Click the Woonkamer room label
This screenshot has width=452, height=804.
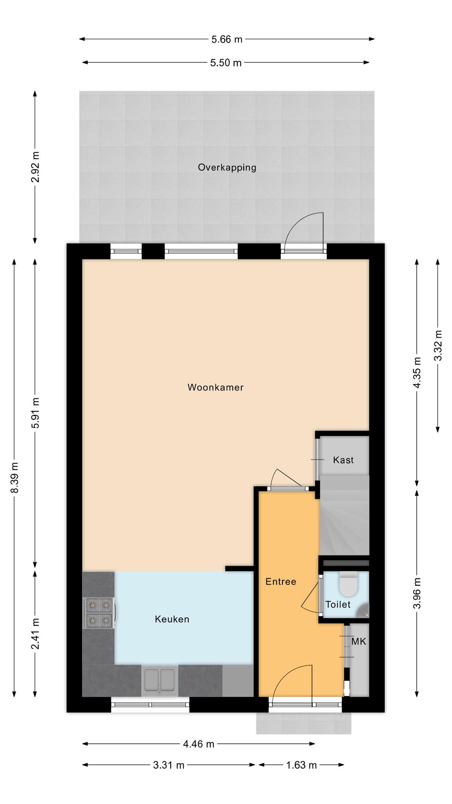pyautogui.click(x=215, y=387)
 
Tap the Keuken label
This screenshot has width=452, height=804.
pyautogui.click(x=172, y=619)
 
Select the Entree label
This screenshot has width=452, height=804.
pyautogui.click(x=281, y=582)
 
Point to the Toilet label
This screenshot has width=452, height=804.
pyautogui.click(x=338, y=605)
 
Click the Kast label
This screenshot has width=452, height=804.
pyautogui.click(x=343, y=460)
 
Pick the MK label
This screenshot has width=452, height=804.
pyautogui.click(x=359, y=642)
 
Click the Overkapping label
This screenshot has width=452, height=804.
pyautogui.click(x=227, y=168)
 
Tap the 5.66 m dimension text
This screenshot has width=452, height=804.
pyautogui.click(x=227, y=39)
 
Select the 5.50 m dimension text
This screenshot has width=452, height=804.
pyautogui.click(x=226, y=63)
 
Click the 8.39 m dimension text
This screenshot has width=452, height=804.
pyautogui.click(x=14, y=478)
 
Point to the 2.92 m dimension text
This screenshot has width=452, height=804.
pyautogui.click(x=35, y=167)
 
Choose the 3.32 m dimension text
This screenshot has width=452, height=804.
pyautogui.click(x=438, y=345)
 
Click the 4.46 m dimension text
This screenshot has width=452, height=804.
pyautogui.click(x=199, y=744)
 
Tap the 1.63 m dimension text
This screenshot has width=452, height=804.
pyautogui.click(x=301, y=765)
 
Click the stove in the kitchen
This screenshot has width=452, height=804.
pyautogui.click(x=99, y=613)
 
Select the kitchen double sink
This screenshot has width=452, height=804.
pyautogui.click(x=160, y=680)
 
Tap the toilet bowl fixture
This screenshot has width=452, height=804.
pyautogui.click(x=348, y=584)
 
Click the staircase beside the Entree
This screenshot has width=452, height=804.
pyautogui.click(x=344, y=515)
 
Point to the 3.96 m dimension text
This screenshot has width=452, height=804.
pyautogui.click(x=417, y=593)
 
